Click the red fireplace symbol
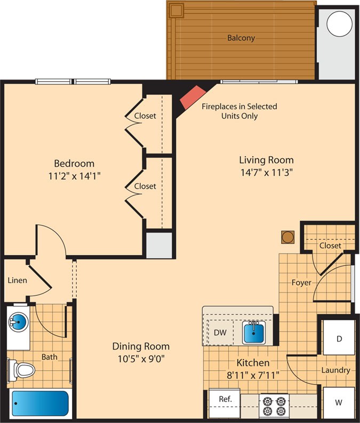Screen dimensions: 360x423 (193, 97)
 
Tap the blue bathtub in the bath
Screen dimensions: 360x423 (40, 403)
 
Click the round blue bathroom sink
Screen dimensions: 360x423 (19, 322)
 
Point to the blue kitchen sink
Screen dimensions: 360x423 (253, 332)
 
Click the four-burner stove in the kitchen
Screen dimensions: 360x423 (274, 406)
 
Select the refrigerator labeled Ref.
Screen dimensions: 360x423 (225, 403)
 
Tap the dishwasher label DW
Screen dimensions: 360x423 (220, 332)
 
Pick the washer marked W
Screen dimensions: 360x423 (339, 403)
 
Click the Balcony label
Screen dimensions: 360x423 (241, 38)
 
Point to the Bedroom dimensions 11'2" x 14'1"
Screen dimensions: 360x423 (74, 176)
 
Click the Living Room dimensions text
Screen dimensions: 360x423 (267, 172)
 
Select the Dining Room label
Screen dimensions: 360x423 (141, 346)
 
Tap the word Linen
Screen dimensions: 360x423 (17, 280)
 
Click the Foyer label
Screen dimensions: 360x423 (301, 283)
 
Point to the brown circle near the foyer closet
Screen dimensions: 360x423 (288, 237)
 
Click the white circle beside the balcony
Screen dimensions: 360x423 (340, 23)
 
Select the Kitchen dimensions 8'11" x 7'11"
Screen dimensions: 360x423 (253, 375)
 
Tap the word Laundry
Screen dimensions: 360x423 (335, 370)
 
